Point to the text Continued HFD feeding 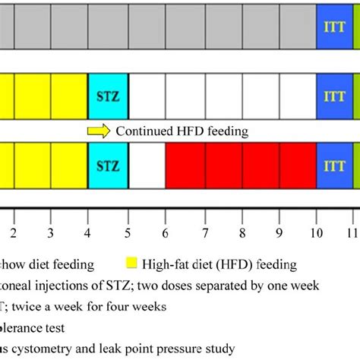[182, 131]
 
